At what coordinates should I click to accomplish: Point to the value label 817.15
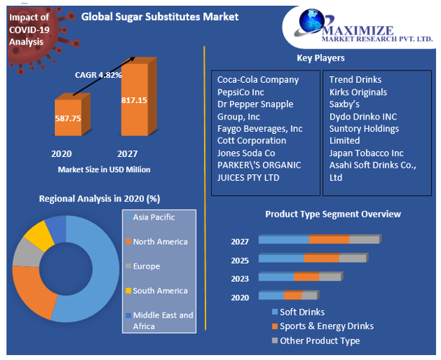coord(134,100)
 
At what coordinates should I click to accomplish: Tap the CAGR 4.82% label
coord(98,74)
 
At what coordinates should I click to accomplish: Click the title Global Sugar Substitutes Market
coord(159,16)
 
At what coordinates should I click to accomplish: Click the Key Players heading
coord(320,58)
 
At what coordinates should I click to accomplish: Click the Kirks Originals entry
coord(358,92)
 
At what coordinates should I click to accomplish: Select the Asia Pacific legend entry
coord(153,217)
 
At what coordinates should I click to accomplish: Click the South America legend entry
coord(159,290)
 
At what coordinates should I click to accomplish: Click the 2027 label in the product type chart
coord(240,242)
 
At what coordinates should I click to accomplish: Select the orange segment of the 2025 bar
coord(321,258)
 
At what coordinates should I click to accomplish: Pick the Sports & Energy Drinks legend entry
coord(326,326)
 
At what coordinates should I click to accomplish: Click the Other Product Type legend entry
coord(319,341)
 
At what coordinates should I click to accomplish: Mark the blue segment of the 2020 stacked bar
coord(271,295)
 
